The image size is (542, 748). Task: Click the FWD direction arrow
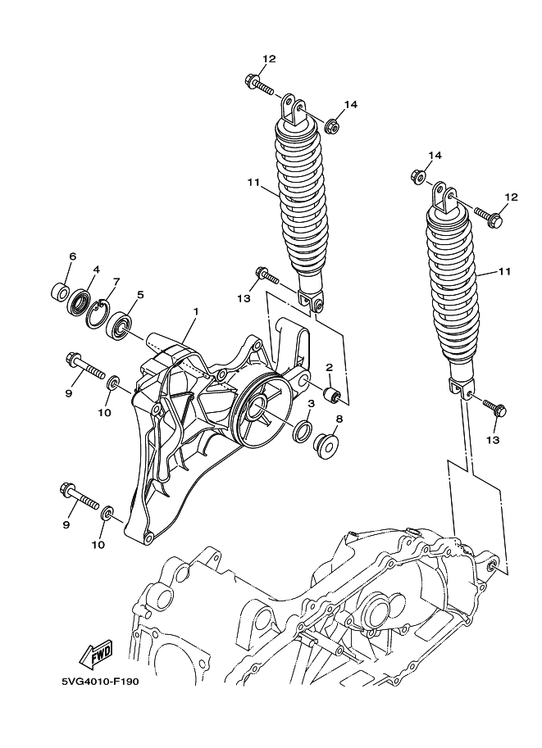point(97,654)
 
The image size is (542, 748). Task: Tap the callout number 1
point(196,312)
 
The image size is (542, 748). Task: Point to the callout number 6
point(72,256)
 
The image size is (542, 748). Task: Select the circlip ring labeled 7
point(98,312)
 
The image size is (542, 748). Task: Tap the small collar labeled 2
point(333,396)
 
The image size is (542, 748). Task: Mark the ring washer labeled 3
point(302,432)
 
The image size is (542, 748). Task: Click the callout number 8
point(339,419)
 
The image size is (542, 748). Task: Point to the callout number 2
point(329,368)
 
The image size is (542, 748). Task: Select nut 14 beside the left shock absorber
point(333,126)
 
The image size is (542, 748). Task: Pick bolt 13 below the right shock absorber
point(494,406)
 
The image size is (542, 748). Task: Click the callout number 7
point(116,281)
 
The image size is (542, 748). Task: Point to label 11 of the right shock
point(504,271)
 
